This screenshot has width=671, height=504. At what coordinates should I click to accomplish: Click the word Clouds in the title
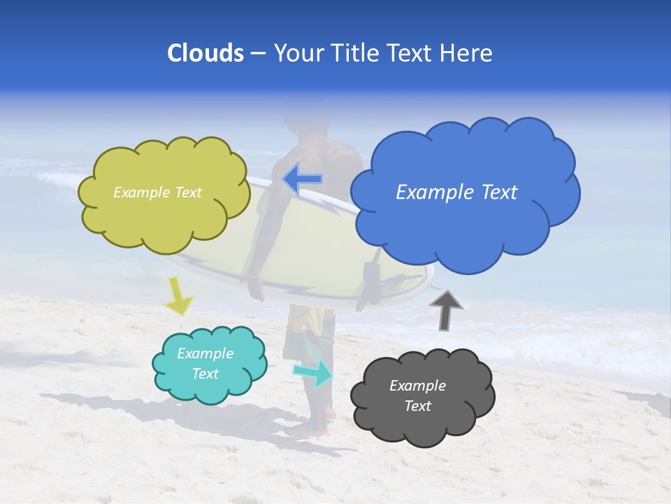click(x=205, y=53)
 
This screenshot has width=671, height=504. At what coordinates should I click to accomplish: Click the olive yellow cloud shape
click(x=164, y=220)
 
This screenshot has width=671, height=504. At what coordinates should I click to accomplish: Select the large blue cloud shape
click(x=461, y=224)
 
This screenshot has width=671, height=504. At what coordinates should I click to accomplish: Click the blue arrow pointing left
click(x=303, y=179)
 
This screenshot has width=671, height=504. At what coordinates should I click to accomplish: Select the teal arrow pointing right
click(x=313, y=372)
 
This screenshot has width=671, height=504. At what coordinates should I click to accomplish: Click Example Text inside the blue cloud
click(x=456, y=192)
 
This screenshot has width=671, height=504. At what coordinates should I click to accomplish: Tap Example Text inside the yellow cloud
click(x=157, y=192)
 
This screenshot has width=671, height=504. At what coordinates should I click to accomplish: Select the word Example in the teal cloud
click(x=205, y=353)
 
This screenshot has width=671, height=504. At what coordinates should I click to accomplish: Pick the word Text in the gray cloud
click(x=418, y=406)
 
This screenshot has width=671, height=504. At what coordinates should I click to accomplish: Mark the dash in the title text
click(x=258, y=53)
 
